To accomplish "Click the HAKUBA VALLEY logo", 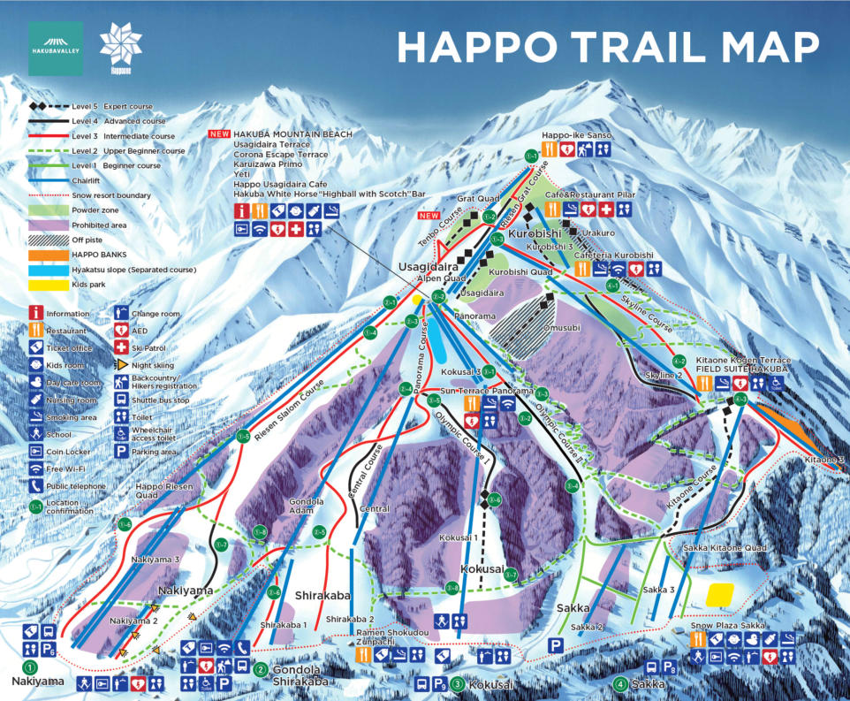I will [x=56, y=49].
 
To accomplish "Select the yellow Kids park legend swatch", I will [x=49, y=286].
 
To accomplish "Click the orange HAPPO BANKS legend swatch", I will [x=49, y=255].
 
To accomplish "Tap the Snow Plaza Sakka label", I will [x=727, y=625].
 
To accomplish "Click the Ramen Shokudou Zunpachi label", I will [x=394, y=638].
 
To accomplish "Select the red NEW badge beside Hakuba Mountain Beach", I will [x=219, y=133].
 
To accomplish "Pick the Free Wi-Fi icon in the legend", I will [x=35, y=469].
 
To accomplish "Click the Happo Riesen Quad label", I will [x=158, y=491].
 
